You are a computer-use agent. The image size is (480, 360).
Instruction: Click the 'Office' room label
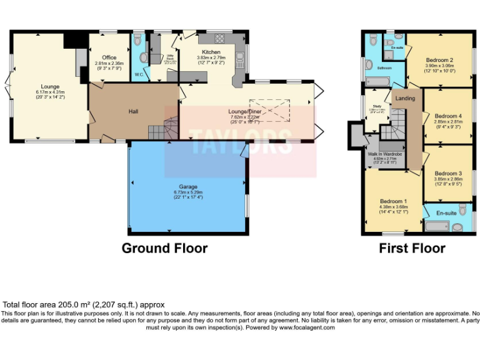[109, 57]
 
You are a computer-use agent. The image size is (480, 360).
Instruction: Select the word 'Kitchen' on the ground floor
[211, 51]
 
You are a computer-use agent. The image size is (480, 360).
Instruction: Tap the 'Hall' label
[133, 111]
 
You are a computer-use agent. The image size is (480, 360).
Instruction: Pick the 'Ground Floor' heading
[164, 248]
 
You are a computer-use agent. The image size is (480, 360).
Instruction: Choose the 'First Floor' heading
[412, 248]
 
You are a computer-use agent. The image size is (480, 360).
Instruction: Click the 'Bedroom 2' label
[439, 60]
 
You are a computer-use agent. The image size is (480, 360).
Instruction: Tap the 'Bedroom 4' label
[447, 116]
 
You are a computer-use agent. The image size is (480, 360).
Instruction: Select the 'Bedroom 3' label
[447, 173]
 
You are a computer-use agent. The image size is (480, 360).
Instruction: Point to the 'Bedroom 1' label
[394, 201]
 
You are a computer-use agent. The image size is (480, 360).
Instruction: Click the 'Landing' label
[405, 98]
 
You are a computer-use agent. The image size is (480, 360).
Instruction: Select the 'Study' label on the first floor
[376, 107]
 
